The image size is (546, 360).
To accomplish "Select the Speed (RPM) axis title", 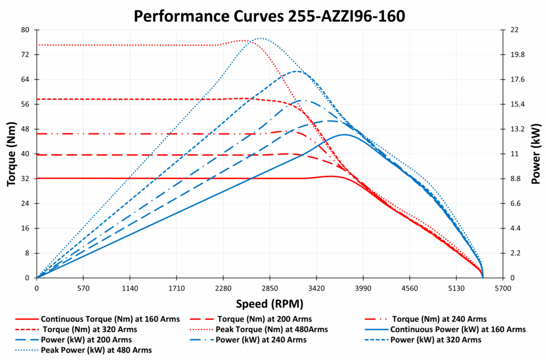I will tap(269, 303).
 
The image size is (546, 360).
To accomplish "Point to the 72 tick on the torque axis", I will tap(25, 54).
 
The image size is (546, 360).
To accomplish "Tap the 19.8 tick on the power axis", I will tap(519, 54).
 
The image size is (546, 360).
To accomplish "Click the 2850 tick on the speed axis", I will tap(270, 288).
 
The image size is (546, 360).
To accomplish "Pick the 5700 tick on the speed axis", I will tap(502, 288).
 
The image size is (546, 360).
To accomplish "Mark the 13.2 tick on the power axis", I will tap(519, 129).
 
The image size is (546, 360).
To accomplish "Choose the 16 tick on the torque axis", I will tap(25, 228).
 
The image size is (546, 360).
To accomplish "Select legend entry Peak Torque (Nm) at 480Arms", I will tap(271, 329).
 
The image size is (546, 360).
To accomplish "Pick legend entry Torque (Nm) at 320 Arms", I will tap(89, 329).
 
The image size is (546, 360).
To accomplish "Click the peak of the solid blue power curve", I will tap(344, 134).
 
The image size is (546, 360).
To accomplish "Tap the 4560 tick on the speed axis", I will tap(409, 288).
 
